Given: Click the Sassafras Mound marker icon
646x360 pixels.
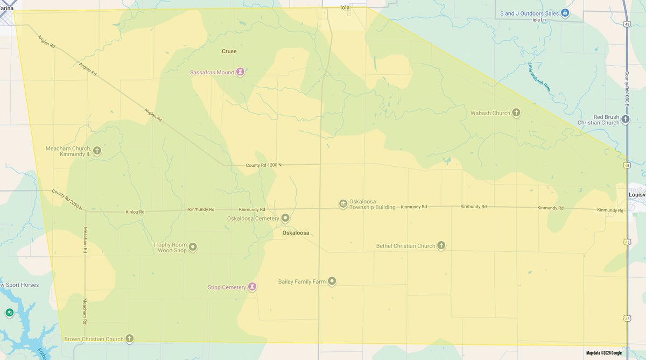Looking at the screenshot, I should point(241,72).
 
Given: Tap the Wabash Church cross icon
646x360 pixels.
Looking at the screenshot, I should point(516,113).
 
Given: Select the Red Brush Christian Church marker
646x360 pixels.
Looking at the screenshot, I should point(625,119).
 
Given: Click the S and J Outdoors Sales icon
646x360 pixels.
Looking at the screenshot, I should point(565,13).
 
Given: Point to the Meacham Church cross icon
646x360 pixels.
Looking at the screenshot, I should point(97,151).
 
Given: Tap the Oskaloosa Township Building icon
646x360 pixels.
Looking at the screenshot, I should point(343,204).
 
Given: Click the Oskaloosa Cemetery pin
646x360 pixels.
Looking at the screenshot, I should point(285,218).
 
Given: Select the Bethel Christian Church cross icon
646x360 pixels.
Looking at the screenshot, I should point(441,245).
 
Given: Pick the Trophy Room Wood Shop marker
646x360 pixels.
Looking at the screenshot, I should point(192,247).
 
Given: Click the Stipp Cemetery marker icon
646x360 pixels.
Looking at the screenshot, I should point(251,287).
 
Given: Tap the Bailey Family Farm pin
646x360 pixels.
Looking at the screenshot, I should point(332,281).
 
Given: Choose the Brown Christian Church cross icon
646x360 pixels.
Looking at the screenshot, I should point(129,339).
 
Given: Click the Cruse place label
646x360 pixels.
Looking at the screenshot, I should point(229,51).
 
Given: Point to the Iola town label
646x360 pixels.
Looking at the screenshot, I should point(345,8).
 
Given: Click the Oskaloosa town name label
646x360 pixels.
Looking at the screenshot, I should point(296,233).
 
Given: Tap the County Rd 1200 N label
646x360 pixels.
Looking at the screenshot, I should point(264,165).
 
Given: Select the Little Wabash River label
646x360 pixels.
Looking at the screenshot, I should point(539,77).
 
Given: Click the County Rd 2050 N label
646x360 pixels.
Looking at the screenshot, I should point(67,200).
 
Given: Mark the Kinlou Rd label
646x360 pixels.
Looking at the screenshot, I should point(135,212).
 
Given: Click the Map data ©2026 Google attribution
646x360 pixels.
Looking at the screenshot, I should point(603,353).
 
